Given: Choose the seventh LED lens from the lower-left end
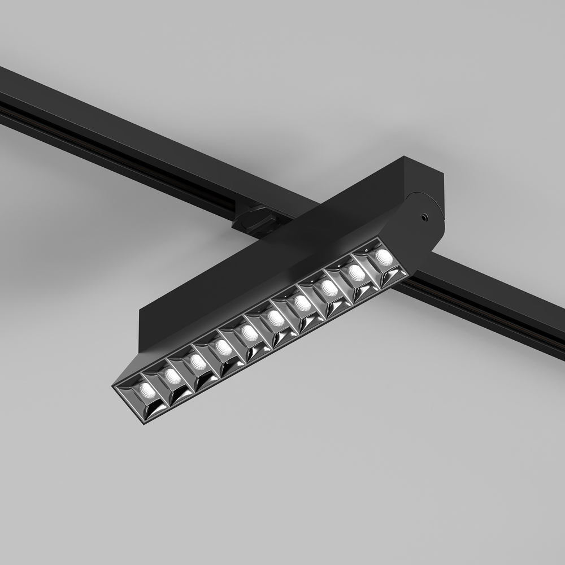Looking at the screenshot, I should click(x=303, y=303).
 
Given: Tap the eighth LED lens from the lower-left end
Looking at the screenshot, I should click(x=329, y=288).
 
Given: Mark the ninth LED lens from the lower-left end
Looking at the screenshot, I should click(x=357, y=273).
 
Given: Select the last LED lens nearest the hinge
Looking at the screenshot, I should click(x=384, y=257).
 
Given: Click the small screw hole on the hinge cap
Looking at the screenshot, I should click(x=423, y=216).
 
